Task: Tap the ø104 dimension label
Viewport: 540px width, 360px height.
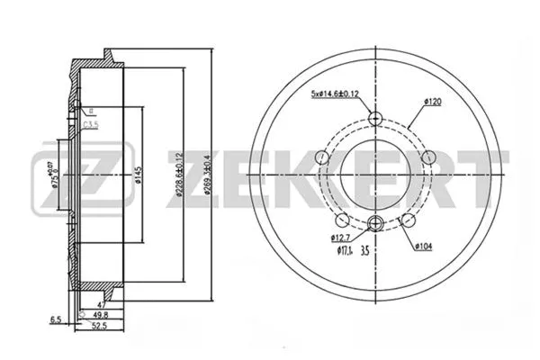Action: point(426,245)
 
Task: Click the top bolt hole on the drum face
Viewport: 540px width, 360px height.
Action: point(376,118)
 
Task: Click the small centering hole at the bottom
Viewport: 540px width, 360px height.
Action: point(376,225)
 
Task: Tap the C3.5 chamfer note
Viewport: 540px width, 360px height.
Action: point(90,125)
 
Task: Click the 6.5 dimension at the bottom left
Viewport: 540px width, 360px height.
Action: point(56,319)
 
